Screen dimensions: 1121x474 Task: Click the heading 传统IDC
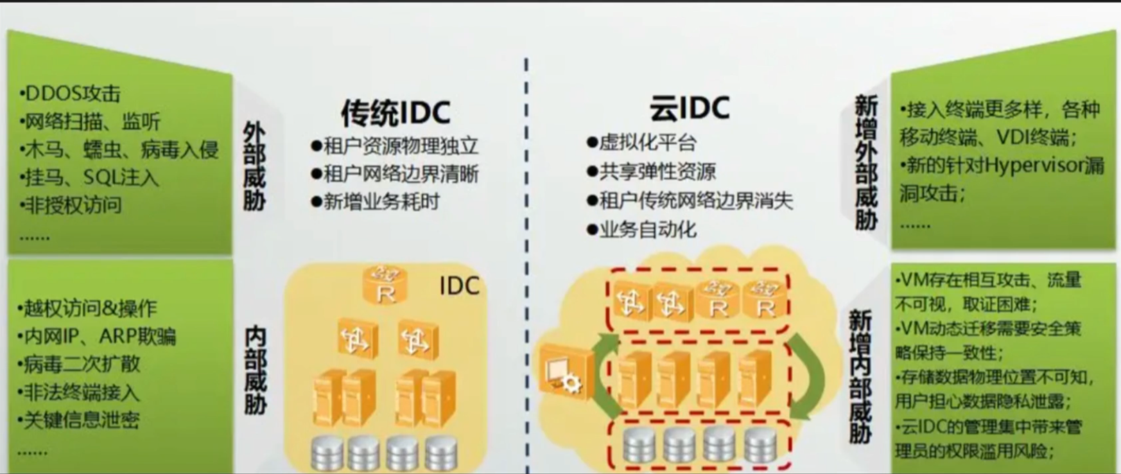coord(395,113)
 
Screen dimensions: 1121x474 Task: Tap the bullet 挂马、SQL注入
coord(91,177)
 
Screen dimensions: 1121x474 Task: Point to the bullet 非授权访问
coord(72,206)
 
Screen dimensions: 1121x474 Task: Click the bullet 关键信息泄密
coord(80,420)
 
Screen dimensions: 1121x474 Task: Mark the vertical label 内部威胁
coord(256,371)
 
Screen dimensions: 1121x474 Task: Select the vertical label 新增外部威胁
coord(866,163)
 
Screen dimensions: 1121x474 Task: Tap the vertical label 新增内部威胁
coord(860,376)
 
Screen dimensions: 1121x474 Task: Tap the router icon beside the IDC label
coord(385,285)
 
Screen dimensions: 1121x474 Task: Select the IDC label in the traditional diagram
coord(459,286)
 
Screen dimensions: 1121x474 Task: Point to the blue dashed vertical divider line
coord(526,257)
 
